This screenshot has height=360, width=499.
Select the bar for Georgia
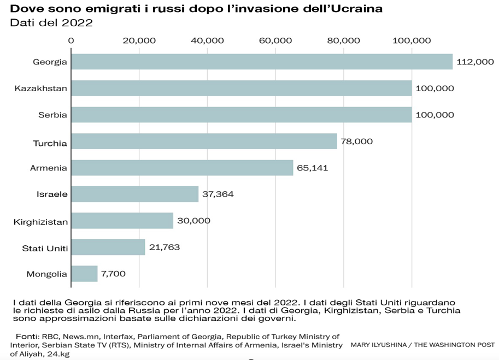pyautogui.click(x=262, y=62)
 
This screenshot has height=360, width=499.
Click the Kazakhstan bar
pyautogui.click(x=241, y=88)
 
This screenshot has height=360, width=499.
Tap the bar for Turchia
pyautogui.click(x=204, y=141)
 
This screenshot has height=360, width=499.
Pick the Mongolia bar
pyautogui.click(x=84, y=274)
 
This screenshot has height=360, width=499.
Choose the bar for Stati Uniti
pyautogui.click(x=108, y=247)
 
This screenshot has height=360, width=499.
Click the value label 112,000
pyautogui.click(x=475, y=62)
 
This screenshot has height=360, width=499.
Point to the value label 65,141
pyautogui.click(x=312, y=168)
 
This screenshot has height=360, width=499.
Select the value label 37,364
pyautogui.click(x=218, y=194)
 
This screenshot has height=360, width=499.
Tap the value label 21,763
pyautogui.click(x=164, y=247)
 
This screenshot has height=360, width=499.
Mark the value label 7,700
pyautogui.click(x=114, y=274)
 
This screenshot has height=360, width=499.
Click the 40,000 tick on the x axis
pyautogui.click(x=207, y=40)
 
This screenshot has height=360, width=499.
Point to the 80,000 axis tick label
pyautogui.click(x=344, y=40)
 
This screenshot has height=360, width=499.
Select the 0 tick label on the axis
pyautogui.click(x=71, y=40)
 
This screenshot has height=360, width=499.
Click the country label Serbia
pyautogui.click(x=53, y=115)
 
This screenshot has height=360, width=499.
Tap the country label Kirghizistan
pyautogui.click(x=40, y=222)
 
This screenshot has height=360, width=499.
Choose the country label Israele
pyautogui.click(x=52, y=194)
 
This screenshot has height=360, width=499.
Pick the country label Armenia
pyautogui.click(x=49, y=168)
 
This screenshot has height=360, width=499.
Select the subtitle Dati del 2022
pyautogui.click(x=51, y=23)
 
